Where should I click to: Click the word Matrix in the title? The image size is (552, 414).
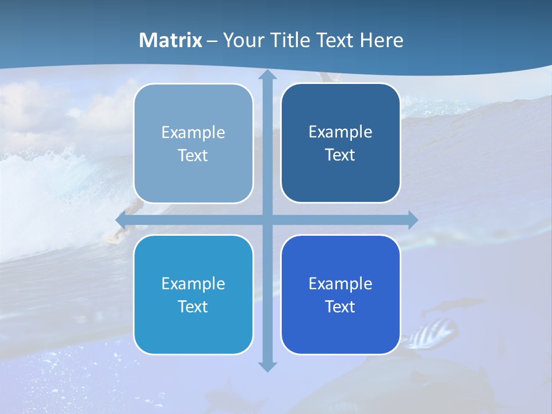point(171,40)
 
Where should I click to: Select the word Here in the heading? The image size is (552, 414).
point(381,40)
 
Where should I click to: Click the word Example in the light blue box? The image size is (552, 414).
point(193,133)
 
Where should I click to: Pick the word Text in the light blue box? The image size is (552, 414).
point(193,156)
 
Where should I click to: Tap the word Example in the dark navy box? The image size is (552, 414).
point(340,132)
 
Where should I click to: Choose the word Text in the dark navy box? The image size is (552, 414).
point(340,155)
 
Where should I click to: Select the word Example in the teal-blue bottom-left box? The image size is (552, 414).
point(193,284)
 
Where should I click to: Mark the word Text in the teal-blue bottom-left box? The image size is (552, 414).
point(193,307)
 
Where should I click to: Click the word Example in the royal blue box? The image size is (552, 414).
point(340,284)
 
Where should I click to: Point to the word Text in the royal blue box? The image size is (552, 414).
point(340,307)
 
